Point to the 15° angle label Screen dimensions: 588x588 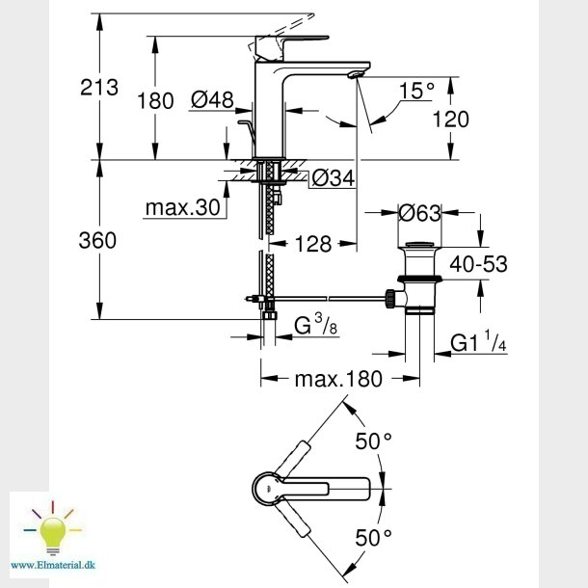417,92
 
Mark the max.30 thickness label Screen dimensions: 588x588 183,206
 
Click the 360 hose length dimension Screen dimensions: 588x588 96,240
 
